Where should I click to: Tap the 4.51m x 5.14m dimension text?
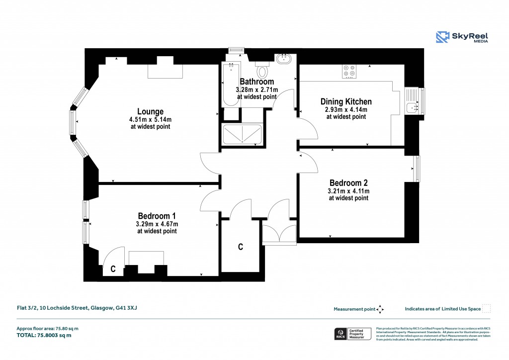[x=150, y=119]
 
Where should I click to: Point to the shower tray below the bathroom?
[x=242, y=135]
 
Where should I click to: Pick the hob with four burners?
[x=349, y=72]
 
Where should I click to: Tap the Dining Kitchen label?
[x=346, y=101]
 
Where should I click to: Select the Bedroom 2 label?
[x=348, y=182]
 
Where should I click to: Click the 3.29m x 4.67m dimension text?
[x=157, y=224]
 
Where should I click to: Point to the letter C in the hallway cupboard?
[x=240, y=247]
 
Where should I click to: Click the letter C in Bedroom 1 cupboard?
[x=113, y=270]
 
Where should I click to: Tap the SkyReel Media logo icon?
[x=443, y=37]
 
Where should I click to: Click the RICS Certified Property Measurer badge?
[x=352, y=333]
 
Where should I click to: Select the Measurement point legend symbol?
[x=380, y=309]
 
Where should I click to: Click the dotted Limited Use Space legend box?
[x=487, y=308]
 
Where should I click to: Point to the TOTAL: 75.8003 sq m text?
[x=44, y=335]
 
